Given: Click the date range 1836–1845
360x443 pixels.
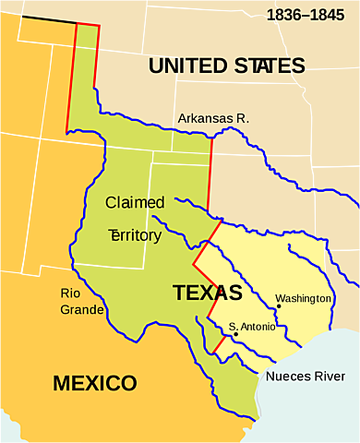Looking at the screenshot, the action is coord(306,15).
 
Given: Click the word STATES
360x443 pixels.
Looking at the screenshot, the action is coord(270,66).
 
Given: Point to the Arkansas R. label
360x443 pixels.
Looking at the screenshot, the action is coord(213,118).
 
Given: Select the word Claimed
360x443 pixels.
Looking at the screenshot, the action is coord(135,202).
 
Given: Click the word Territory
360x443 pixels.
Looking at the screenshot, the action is coord(135,235).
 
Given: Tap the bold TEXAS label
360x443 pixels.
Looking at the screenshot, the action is coord(207,293).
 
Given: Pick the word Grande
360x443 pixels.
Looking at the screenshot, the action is coord(81,309).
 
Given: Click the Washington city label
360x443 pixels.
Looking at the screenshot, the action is coord(303,299).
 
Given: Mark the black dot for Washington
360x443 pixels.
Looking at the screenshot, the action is coord(278,306).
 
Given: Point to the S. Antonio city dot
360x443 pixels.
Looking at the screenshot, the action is coord(235,334).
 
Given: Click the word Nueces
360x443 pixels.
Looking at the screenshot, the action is coord(289,377).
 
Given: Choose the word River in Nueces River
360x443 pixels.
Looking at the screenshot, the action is coord(330,377).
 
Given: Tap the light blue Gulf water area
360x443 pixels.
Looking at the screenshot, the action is coord(314,406).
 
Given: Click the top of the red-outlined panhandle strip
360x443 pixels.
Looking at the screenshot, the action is coord(86,24).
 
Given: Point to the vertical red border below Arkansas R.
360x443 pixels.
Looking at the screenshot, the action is coord(210,175).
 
